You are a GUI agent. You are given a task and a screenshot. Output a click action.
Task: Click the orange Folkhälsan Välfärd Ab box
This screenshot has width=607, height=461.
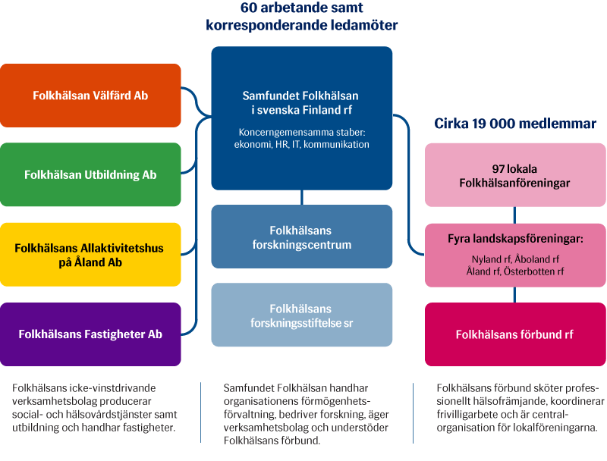tap(90, 96)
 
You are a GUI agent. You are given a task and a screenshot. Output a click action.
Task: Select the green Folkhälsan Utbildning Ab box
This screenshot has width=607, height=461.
tap(90, 174)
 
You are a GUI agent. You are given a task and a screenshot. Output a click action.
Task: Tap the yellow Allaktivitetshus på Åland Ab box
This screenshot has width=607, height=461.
tap(90, 255)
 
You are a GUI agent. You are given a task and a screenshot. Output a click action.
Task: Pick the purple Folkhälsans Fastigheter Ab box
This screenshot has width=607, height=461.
tap(90, 334)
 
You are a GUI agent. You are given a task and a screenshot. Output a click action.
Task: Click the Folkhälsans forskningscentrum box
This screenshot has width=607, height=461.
tap(301, 237)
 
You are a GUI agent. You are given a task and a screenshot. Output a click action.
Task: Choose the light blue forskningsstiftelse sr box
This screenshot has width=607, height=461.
tap(301, 315)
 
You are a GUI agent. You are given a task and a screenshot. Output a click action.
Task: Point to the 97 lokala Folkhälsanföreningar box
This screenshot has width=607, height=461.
tap(515, 175)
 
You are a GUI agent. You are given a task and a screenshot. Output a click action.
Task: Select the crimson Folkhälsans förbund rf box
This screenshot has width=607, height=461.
tap(515, 334)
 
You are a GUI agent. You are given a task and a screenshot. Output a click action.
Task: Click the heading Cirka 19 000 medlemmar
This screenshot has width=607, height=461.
tap(515, 124)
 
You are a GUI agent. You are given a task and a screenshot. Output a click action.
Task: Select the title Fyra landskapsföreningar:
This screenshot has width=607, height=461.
tap(515, 239)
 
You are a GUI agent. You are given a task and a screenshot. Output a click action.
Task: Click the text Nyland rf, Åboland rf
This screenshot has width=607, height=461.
tap(515, 259)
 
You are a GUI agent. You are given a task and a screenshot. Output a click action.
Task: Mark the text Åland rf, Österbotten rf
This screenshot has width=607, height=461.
tap(515, 271)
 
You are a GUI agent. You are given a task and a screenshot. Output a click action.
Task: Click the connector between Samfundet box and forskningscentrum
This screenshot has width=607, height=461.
tap(302, 197)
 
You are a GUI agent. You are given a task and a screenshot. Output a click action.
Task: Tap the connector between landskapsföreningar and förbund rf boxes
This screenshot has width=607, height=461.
tap(515, 294)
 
